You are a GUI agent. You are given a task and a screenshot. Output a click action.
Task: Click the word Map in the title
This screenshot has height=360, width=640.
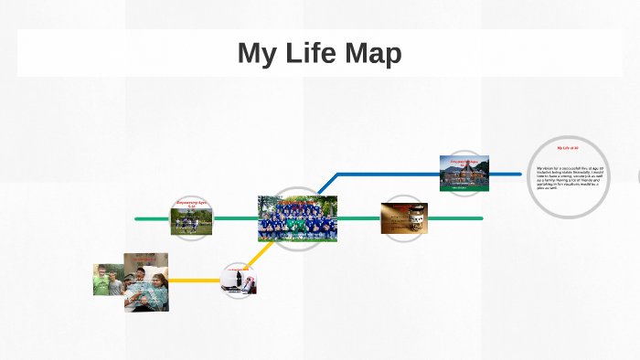click(x=372, y=53)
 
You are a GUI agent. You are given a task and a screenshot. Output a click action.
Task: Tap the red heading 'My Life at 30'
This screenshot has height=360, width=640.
click(x=568, y=147)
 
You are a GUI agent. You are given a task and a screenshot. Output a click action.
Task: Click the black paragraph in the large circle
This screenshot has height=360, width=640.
click(x=569, y=177)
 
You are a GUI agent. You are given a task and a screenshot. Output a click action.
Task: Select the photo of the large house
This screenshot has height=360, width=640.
click(x=464, y=174)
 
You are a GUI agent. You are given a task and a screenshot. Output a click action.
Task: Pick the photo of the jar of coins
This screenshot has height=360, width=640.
click(x=404, y=218)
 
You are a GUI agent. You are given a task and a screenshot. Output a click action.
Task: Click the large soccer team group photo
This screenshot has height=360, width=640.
click(x=297, y=218)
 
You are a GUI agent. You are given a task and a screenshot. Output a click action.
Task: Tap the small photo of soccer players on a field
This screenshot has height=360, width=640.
click(x=191, y=220)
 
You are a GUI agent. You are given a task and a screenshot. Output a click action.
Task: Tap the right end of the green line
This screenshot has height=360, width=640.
click(x=479, y=218)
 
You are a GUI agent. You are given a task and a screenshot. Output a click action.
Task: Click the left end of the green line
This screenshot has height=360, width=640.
click(x=138, y=218)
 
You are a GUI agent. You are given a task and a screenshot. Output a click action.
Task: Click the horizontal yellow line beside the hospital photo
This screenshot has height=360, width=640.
click(x=195, y=281)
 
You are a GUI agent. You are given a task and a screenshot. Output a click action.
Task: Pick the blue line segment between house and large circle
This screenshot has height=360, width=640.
click(x=506, y=174)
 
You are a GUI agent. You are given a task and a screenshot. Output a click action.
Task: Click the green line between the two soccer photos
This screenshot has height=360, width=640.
click(x=235, y=218)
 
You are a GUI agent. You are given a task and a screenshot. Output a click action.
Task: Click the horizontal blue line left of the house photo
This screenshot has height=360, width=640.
click(x=389, y=174)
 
